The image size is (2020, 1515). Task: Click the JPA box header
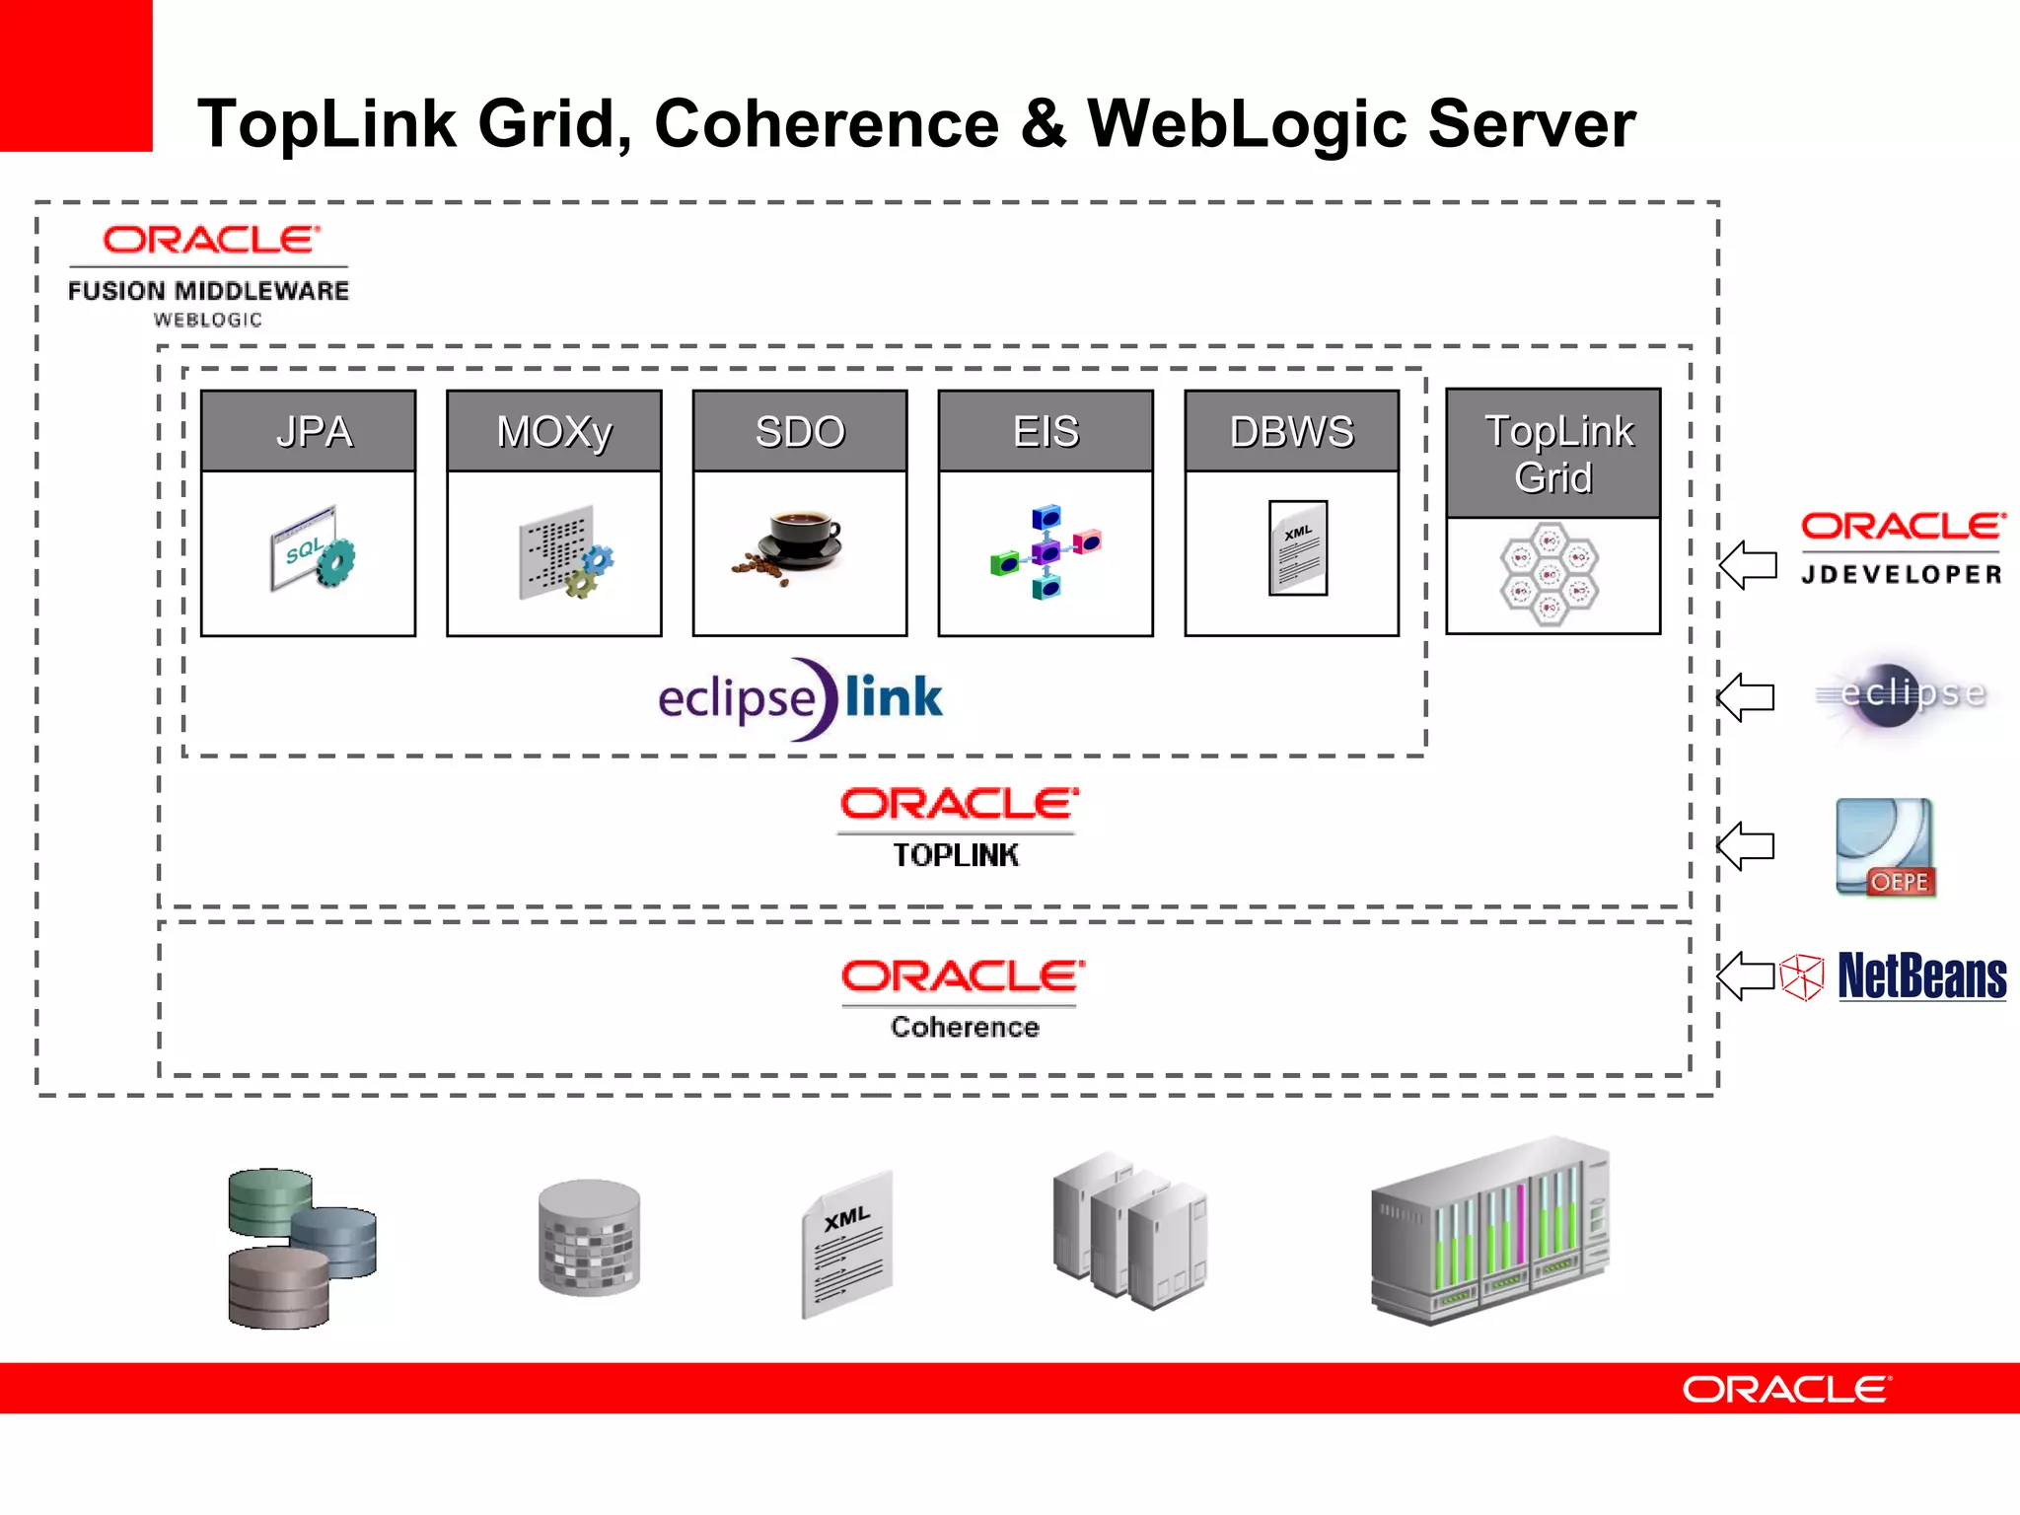308,431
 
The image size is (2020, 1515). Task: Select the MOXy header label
553,431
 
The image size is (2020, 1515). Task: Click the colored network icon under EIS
1046,551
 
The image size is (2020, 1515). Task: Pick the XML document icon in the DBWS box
1297,548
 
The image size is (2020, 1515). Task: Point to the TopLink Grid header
1553,454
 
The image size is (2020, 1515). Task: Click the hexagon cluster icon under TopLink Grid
1550,573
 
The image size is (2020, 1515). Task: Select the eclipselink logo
800,698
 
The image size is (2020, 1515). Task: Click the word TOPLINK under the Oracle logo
956,855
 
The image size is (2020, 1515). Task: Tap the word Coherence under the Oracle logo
964,1027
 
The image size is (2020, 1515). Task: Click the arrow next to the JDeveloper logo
1747,565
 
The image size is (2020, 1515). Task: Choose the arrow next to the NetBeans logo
1746,976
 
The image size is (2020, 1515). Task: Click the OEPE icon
1885,848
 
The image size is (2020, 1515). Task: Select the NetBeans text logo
1921,976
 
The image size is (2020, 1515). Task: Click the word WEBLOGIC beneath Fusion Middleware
208,320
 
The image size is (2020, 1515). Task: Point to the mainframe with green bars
1490,1233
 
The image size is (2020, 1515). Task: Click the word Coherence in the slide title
827,124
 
